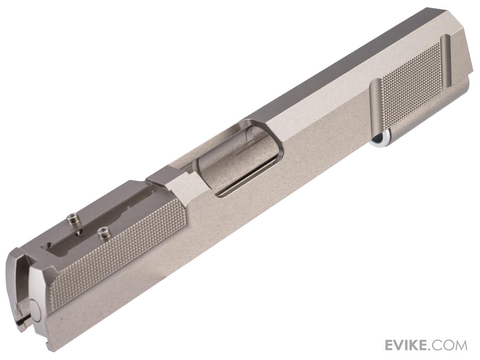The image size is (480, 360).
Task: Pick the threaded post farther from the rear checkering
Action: click(72, 220)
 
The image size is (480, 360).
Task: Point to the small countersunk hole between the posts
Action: click(79, 234)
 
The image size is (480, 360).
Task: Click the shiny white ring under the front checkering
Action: click(380, 139)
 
